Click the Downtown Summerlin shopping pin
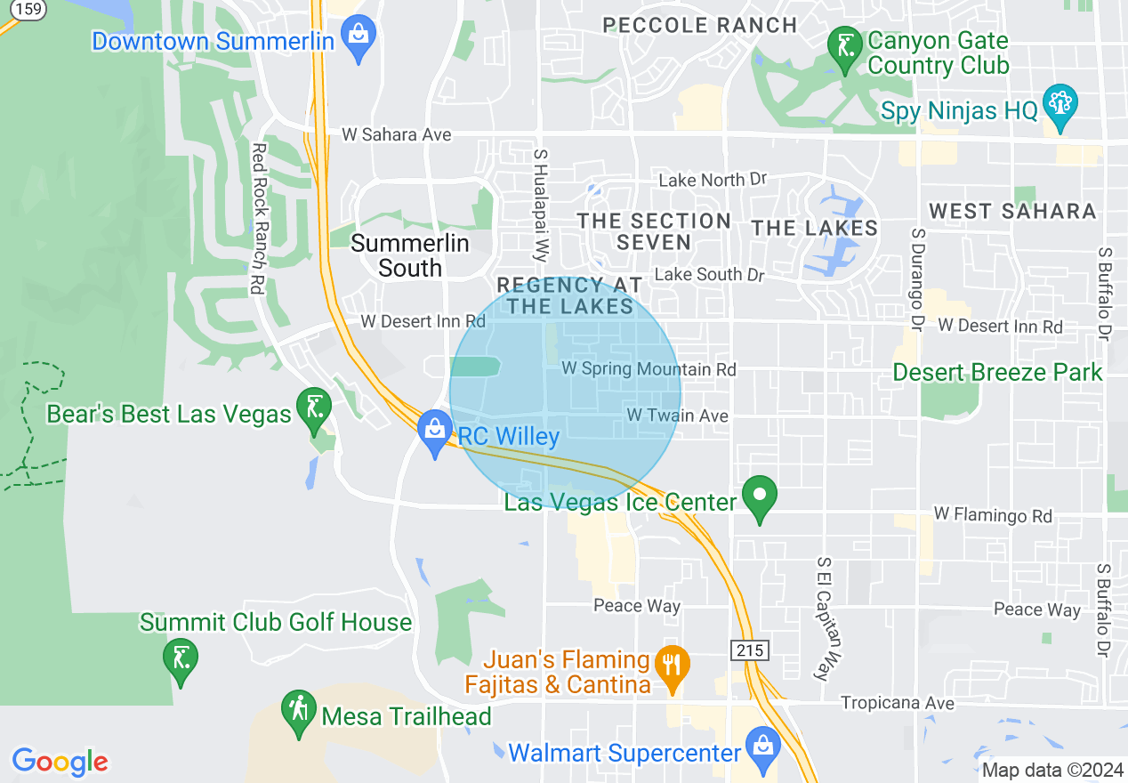coord(359,36)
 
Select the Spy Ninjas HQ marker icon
coord(1060,106)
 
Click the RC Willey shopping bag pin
coord(435,431)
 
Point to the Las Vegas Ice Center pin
coord(760,497)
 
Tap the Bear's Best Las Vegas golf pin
coord(314,408)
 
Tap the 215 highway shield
coord(750,650)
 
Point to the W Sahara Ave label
coord(397,135)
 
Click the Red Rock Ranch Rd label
coord(259,219)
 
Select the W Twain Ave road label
coord(677,416)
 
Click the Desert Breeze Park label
coord(997,372)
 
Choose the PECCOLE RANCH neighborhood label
coord(700,25)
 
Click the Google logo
coord(60,762)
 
